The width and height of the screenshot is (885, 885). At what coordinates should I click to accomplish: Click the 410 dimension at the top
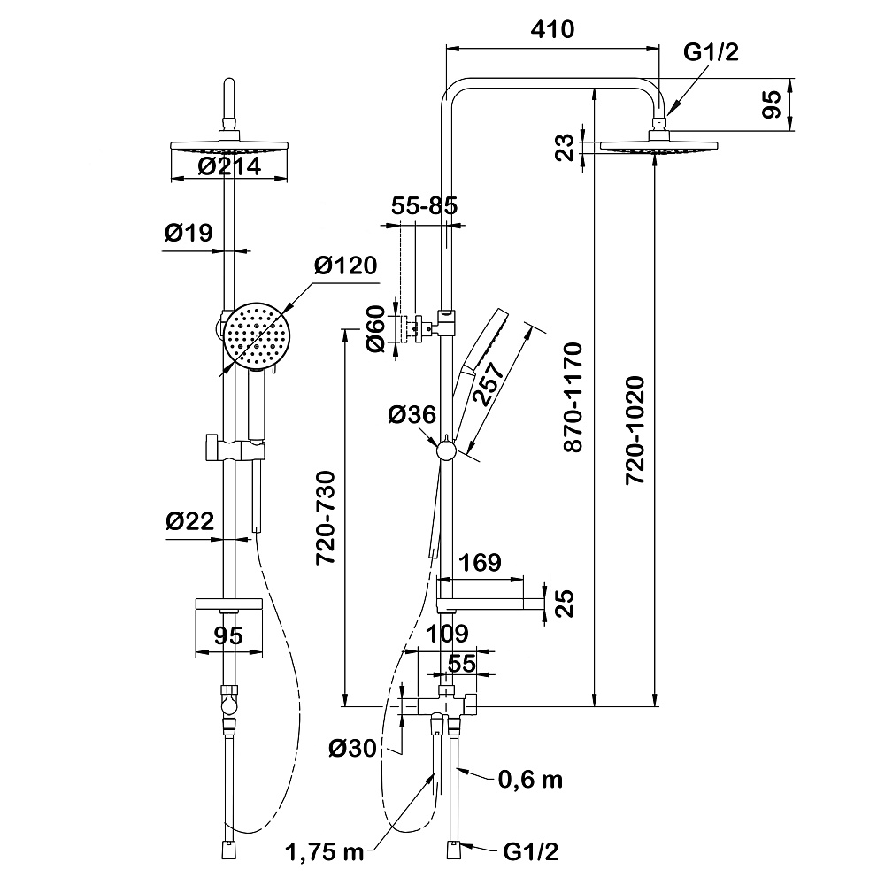(x=554, y=29)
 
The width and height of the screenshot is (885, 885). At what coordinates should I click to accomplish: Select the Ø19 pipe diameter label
(x=189, y=234)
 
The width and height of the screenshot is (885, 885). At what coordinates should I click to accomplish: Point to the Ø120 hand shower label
(x=345, y=265)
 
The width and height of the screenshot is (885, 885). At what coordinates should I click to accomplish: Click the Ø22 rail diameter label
(x=189, y=522)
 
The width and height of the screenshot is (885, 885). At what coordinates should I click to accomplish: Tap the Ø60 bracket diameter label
(x=375, y=329)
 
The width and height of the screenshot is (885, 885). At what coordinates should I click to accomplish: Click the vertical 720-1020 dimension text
(x=635, y=430)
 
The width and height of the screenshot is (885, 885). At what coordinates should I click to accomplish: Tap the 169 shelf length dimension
(x=481, y=563)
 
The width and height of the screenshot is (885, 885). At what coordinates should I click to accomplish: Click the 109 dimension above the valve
(x=449, y=634)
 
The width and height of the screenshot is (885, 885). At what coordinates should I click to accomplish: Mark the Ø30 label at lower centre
(x=353, y=748)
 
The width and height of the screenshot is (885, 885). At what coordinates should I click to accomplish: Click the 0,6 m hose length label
(x=530, y=780)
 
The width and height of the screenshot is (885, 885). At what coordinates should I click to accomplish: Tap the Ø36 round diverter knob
(x=446, y=451)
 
